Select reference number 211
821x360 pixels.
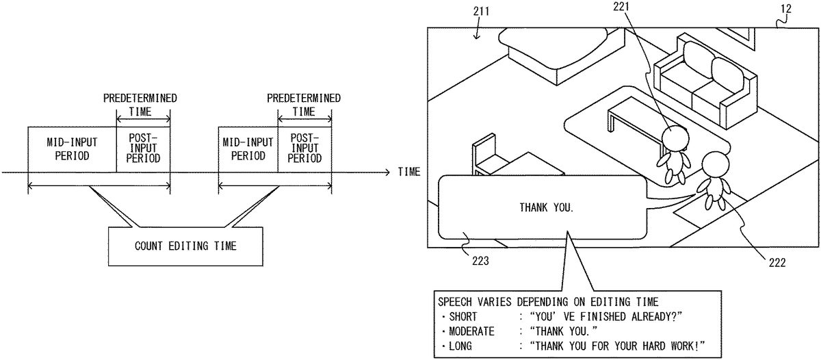pos(479,10)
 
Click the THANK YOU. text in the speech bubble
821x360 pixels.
pos(546,207)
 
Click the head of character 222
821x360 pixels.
pos(716,164)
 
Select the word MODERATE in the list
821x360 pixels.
pos(471,331)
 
